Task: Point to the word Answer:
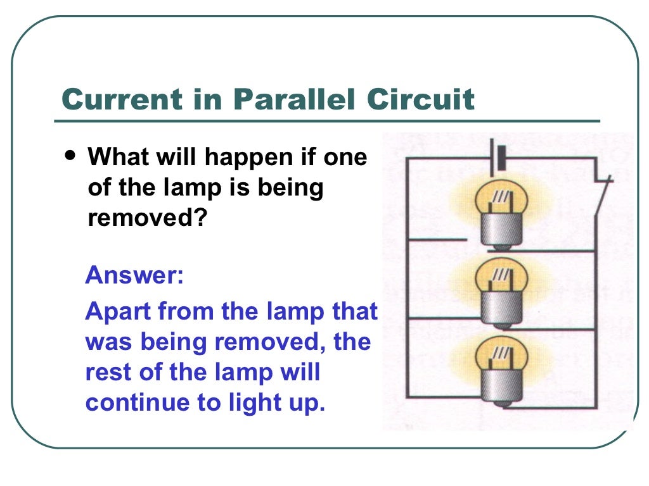(134, 276)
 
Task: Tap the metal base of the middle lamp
(501, 307)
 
